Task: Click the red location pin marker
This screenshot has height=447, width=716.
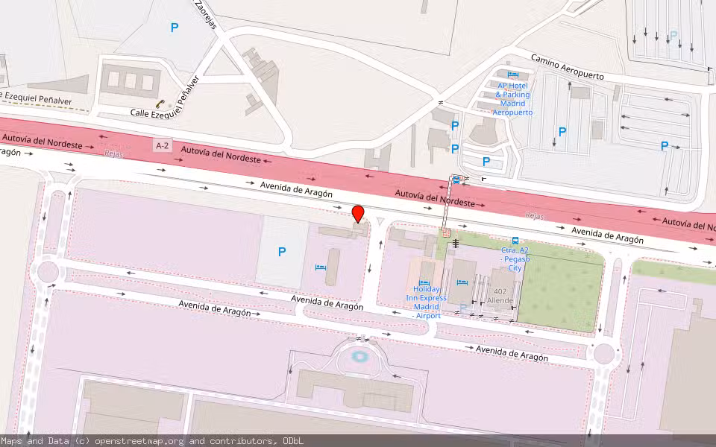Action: point(358,214)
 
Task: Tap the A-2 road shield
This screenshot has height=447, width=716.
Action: point(162,146)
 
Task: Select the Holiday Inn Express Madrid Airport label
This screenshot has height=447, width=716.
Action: point(426,302)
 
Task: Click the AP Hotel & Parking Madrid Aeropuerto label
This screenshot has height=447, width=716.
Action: point(513,98)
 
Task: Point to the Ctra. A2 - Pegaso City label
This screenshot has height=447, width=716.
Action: point(515,259)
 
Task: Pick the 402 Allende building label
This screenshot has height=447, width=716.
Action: point(500,296)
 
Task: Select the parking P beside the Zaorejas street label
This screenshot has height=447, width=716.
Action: point(175,28)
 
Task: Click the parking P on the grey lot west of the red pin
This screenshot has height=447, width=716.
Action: point(282,252)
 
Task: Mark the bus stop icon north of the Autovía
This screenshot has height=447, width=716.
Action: point(456,180)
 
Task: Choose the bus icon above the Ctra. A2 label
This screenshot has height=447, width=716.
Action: point(515,241)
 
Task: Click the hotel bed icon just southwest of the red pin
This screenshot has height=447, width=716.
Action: point(320,267)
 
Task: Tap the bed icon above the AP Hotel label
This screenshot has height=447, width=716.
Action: point(512,74)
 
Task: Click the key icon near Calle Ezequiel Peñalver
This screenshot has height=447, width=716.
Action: point(159,104)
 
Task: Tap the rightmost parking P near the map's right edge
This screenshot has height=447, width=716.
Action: point(664,146)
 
